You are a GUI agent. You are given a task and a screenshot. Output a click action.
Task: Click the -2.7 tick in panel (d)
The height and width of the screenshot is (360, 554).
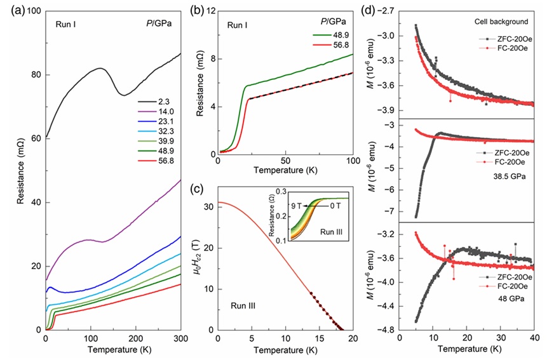coord(384,11)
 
